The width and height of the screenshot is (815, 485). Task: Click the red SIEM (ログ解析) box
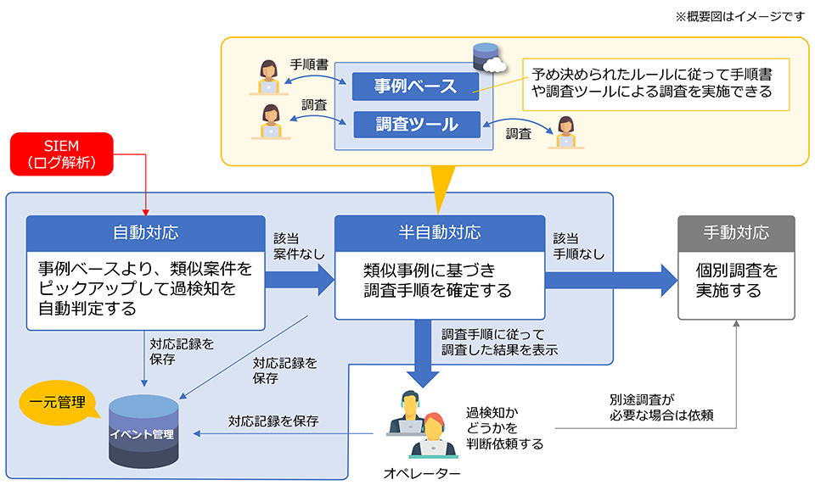[62, 153]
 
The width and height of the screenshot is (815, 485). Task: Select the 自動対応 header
[145, 232]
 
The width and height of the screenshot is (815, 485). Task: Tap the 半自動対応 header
[440, 232]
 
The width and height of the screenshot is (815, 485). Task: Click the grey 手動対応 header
[736, 232]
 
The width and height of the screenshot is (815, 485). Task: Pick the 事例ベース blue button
[415, 86]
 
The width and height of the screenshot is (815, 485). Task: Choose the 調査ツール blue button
[417, 124]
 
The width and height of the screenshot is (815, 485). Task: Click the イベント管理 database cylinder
[143, 432]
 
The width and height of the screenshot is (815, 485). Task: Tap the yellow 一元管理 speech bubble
[59, 403]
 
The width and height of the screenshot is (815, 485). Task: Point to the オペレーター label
[422, 473]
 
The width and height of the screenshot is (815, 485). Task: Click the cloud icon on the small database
[494, 64]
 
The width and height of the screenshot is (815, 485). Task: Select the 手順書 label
[309, 64]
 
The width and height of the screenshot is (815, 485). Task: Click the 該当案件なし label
[299, 246]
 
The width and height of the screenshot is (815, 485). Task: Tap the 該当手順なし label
[578, 246]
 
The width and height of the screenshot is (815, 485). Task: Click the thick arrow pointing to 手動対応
[611, 281]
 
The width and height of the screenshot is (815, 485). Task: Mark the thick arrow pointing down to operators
[423, 353]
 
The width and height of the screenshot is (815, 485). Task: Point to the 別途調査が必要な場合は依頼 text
[661, 408]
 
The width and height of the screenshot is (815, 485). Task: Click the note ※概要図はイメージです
[739, 17]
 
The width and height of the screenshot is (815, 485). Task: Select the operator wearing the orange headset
[434, 436]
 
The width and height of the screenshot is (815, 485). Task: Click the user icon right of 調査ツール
[565, 132]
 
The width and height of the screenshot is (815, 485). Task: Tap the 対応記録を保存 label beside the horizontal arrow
[273, 421]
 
